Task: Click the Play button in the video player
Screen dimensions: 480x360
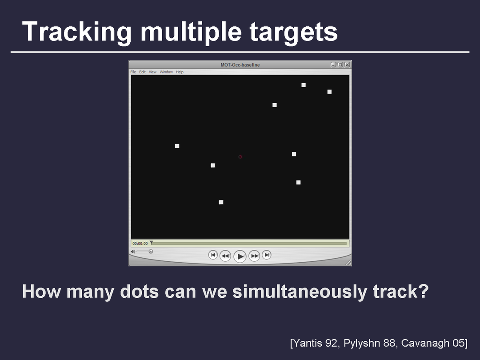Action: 240,256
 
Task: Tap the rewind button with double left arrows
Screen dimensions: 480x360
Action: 225,256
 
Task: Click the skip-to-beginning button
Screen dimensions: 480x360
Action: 213,255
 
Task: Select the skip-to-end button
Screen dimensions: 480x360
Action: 267,255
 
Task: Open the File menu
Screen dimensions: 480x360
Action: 133,72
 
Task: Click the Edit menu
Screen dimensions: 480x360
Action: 142,72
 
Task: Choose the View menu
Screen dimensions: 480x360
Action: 152,72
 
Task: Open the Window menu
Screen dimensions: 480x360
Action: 166,72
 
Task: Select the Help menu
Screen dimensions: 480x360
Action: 180,72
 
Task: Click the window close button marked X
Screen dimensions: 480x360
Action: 347,64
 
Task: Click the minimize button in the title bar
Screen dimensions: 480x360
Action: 334,64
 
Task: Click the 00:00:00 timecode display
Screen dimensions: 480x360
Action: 140,244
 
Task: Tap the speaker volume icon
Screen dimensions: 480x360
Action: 133,252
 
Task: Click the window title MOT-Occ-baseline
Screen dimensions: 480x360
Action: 240,65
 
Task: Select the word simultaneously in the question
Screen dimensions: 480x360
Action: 300,292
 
